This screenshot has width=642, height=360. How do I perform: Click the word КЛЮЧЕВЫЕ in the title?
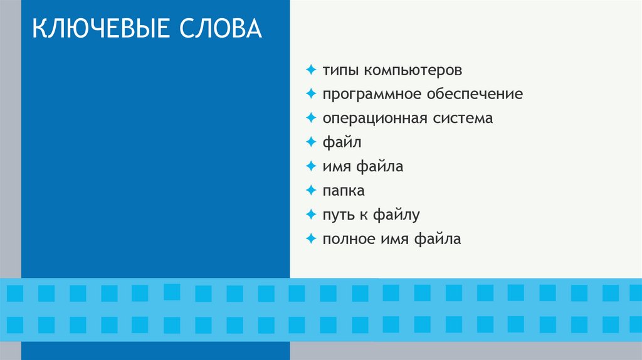pos(97,29)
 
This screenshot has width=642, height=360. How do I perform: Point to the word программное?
pos(372,94)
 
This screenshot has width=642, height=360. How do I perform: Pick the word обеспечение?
pos(475,94)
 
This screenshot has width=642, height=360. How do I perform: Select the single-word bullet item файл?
pos(342,142)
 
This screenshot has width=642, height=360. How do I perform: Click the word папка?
pos(344,191)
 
